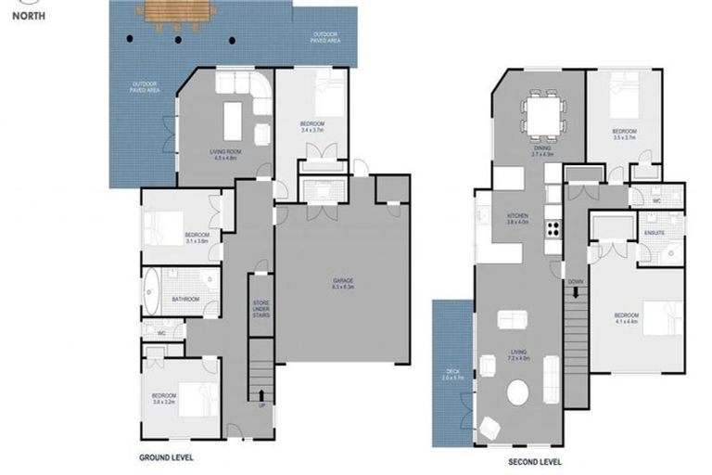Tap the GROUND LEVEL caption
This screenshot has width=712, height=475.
167,457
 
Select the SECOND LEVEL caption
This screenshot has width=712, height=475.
535,461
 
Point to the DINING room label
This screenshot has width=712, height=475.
542,150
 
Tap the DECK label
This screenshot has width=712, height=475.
451,373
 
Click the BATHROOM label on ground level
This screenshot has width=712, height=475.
185,299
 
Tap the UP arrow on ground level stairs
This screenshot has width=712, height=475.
259,395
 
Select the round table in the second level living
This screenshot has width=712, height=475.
518,393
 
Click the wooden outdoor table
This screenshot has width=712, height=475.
177,13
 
